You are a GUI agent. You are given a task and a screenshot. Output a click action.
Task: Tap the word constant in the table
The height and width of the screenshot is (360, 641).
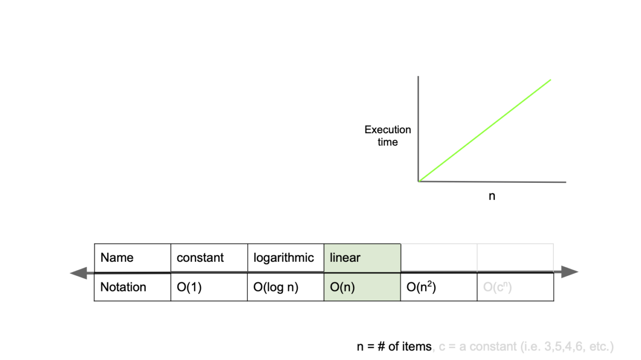point(200,258)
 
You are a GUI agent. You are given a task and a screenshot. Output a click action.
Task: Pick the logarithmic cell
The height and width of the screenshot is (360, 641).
point(283,258)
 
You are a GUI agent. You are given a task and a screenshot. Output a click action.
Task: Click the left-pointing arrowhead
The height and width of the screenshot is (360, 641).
point(77,273)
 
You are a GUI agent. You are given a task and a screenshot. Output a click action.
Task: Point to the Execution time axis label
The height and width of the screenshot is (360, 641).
point(388,136)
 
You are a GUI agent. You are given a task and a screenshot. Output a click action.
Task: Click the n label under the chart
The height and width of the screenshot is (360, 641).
point(492,196)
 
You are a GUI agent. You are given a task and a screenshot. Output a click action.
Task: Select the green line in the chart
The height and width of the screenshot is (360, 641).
point(485,130)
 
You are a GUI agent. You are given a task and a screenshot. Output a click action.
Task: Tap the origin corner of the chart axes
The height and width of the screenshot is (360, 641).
point(419,181)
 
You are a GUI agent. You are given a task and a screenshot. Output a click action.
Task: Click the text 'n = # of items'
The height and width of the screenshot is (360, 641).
point(394,346)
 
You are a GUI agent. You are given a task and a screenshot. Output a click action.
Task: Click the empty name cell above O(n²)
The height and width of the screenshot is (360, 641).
point(439,258)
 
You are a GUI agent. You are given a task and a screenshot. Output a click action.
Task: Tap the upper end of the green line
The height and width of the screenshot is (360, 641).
point(550,80)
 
